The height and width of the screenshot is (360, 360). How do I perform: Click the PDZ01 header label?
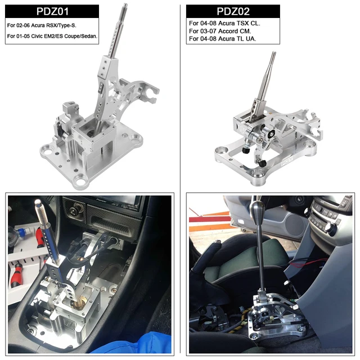pos(52,11)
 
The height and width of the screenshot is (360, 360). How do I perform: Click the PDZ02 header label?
pos(233,11)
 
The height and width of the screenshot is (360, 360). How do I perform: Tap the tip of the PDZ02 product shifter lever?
pos(273,55)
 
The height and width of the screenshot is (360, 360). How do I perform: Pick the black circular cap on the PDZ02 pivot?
pos(271,135)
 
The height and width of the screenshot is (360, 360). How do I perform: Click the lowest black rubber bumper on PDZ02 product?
pos(262,163)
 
